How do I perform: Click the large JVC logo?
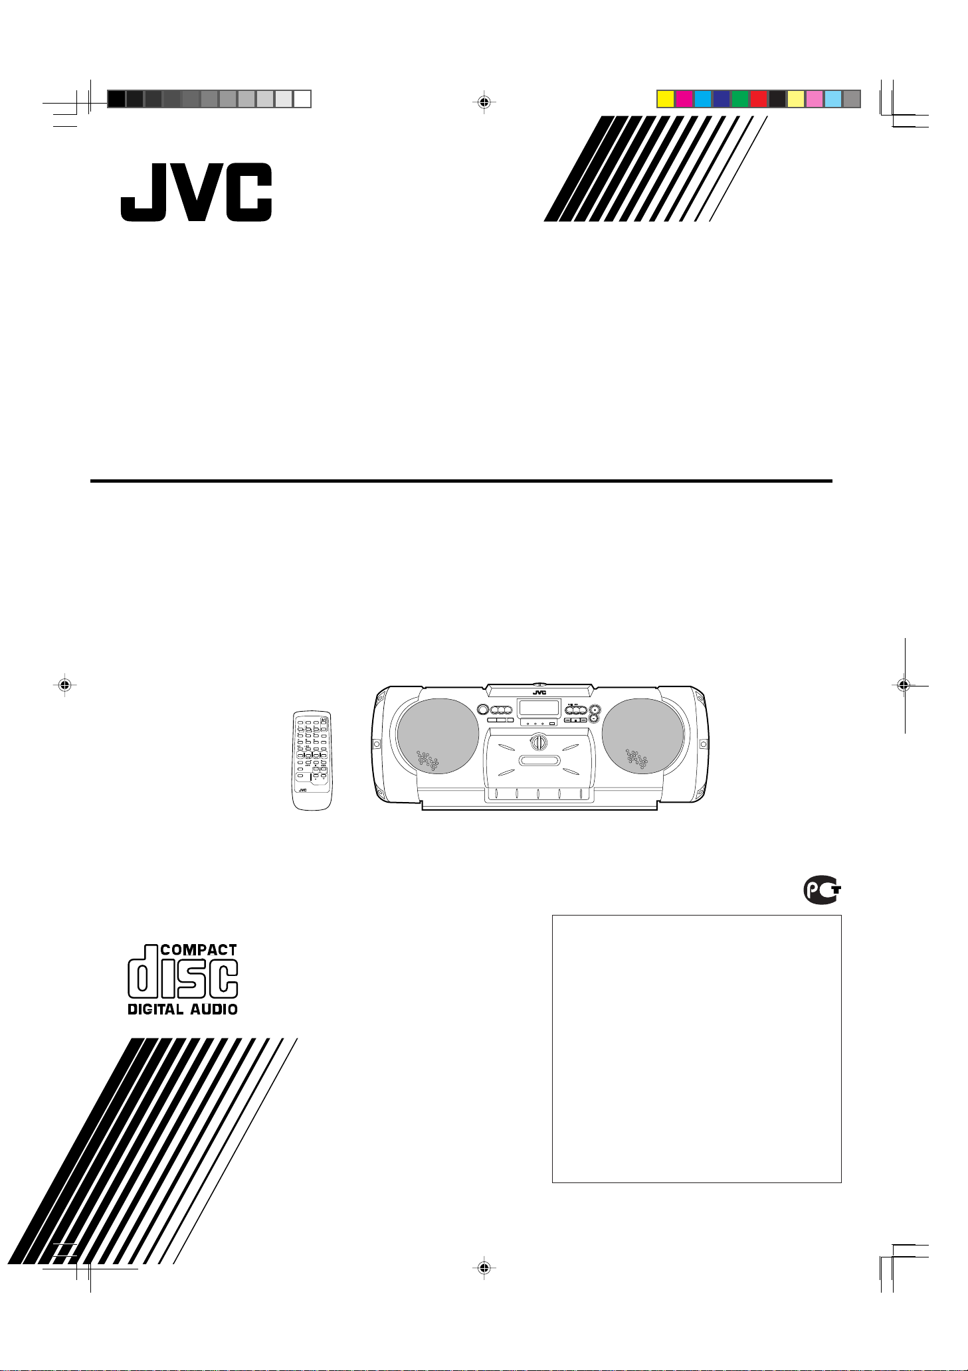196,192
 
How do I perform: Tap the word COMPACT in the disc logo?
199,950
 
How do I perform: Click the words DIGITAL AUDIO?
183,1009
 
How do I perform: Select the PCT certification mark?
823,890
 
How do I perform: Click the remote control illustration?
312,760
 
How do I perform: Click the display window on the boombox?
538,707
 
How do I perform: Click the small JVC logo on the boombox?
539,692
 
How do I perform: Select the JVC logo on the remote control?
303,789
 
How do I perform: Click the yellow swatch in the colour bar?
665,99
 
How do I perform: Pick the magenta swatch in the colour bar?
684,99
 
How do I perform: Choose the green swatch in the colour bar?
739,99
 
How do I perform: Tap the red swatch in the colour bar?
758,99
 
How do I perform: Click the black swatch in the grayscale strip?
116,99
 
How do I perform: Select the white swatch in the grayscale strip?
302,99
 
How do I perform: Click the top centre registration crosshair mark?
484,102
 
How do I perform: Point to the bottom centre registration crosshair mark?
484,1267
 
